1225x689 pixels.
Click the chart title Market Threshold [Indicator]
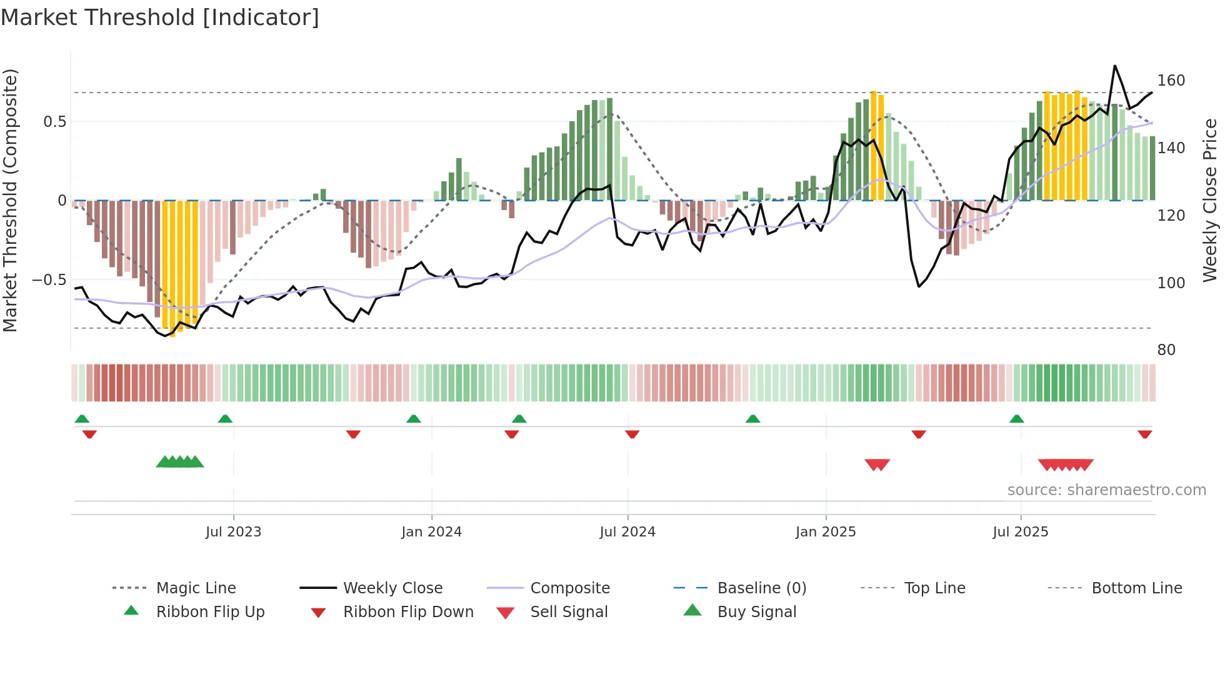tap(160, 18)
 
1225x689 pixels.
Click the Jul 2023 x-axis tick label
tap(233, 532)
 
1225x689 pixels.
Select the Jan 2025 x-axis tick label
tap(825, 532)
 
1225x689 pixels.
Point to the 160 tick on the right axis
tap(1171, 81)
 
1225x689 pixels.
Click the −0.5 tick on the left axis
tap(49, 279)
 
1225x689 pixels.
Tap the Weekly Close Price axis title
tap(1210, 200)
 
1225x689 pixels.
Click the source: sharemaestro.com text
tap(1106, 490)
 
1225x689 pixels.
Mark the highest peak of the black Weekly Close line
tap(1114, 66)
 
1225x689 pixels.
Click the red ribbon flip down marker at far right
tap(1144, 434)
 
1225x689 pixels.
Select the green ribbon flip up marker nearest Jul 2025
tap(1016, 419)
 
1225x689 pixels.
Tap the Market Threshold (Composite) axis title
tap(10, 200)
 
